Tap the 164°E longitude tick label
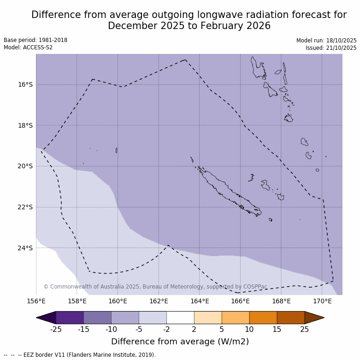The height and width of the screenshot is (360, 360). click(x=200, y=301)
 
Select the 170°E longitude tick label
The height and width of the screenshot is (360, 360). click(x=322, y=301)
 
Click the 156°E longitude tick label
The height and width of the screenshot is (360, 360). click(x=36, y=301)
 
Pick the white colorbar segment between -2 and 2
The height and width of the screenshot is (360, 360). click(x=180, y=318)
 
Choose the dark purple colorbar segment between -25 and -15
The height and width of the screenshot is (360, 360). click(x=70, y=318)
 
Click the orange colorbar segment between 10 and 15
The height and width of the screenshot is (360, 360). click(x=263, y=318)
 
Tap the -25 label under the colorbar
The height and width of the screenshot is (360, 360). click(x=56, y=329)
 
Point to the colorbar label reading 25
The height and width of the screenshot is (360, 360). click(x=305, y=329)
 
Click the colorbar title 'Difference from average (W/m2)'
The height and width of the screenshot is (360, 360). click(x=180, y=342)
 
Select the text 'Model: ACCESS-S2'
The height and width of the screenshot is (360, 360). click(x=28, y=47)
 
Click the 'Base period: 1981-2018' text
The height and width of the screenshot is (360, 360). click(x=35, y=40)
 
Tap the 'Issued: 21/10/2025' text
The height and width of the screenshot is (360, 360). click(x=331, y=48)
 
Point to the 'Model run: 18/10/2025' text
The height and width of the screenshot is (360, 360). click(x=326, y=41)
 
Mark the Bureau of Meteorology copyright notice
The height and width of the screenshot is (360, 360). click(x=155, y=287)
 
